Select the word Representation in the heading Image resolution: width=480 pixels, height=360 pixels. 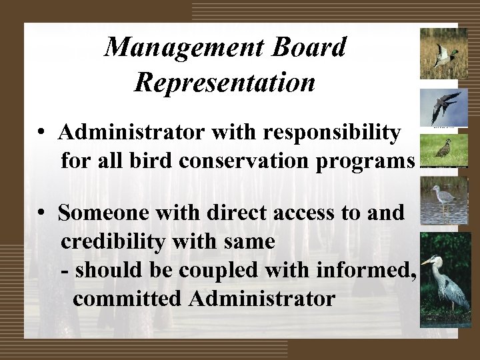[x=225, y=82]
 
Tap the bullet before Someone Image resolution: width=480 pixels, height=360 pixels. [x=42, y=213]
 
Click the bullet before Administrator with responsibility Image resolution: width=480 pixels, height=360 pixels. [x=42, y=133]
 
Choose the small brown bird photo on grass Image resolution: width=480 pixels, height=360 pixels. [x=443, y=150]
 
